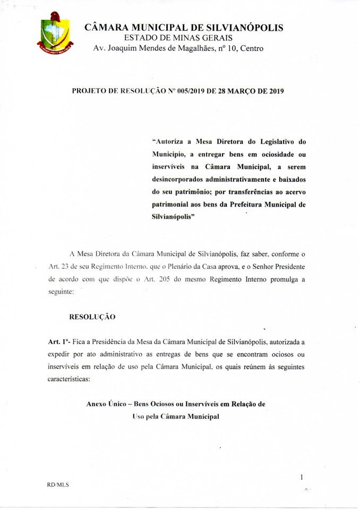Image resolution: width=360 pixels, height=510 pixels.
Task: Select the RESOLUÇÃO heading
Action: [92, 317]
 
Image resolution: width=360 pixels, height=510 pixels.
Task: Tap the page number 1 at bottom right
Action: [302, 478]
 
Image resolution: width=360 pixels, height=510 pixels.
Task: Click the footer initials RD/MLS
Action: [58, 485]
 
